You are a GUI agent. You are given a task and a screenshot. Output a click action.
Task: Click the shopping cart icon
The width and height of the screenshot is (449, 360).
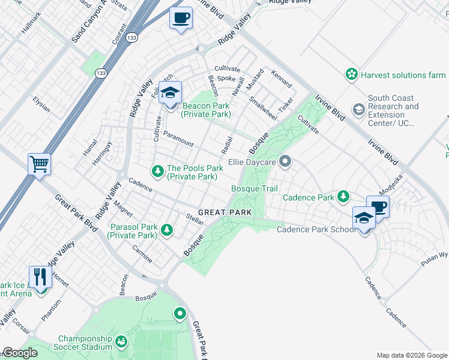tap(39, 164)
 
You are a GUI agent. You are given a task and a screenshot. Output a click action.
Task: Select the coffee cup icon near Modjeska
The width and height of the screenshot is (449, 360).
tap(378, 207)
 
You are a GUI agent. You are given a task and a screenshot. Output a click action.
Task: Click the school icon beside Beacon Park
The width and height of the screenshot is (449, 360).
tap(170, 93)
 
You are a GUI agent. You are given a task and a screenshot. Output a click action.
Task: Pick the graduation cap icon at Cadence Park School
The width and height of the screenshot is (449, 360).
tap(364, 218)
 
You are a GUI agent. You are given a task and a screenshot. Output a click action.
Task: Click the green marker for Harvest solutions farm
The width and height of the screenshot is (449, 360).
tap(351, 74)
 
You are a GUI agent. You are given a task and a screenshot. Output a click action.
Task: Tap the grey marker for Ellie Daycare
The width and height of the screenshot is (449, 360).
tap(286, 161)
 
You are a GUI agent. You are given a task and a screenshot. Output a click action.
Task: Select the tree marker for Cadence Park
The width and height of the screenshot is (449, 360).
tap(343, 197)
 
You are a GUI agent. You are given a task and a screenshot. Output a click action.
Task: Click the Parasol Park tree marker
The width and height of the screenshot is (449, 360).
tap(166, 230)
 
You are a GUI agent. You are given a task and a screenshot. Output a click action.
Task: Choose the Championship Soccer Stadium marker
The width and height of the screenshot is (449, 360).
tap(121, 342)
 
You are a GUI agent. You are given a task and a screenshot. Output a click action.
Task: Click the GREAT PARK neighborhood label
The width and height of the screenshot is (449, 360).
tap(224, 212)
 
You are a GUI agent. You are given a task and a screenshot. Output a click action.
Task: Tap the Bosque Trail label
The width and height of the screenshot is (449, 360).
tap(255, 189)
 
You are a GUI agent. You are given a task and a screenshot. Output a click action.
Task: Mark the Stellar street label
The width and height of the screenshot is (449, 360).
tap(195, 218)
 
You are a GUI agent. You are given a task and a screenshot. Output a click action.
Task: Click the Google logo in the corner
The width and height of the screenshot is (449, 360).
tap(20, 353)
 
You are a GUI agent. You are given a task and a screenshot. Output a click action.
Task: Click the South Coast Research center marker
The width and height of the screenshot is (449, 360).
tap(358, 109)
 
